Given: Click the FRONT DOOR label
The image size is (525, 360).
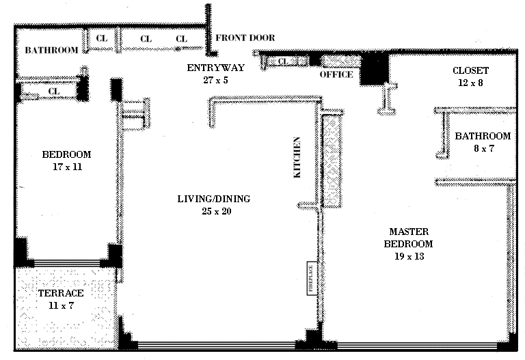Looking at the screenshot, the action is click(245, 38).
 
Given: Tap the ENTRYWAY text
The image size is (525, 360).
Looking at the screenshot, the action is click(215, 68).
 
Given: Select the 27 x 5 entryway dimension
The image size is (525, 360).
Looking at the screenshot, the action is click(215, 80).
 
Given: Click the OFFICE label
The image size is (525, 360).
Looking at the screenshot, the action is click(336, 74).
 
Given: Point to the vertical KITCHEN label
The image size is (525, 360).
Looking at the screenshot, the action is click(297, 157).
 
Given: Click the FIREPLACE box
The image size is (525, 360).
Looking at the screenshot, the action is click(312, 278).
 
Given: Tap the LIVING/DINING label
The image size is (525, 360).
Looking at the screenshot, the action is click(214, 199).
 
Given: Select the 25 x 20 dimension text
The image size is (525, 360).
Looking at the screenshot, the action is click(217, 211).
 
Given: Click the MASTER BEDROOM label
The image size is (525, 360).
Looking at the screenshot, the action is click(409, 238).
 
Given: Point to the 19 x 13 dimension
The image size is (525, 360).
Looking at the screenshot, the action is click(409, 256).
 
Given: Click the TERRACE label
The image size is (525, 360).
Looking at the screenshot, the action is click(61, 293).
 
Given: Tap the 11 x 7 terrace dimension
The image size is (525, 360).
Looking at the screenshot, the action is click(62, 305).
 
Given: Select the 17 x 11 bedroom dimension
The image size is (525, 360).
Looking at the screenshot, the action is click(67, 167).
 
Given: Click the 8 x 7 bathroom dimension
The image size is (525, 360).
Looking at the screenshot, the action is click(484, 148).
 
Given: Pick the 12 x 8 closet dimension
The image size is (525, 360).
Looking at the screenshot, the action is click(470, 83).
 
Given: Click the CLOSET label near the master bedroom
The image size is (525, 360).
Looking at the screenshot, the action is click(470, 70).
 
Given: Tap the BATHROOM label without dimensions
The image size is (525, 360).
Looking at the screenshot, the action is click(51, 50).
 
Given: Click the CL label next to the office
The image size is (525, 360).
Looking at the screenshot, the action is click(283, 61).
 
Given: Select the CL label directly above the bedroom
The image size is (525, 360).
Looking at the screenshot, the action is click(54, 91).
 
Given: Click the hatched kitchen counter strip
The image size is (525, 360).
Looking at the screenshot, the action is click(332, 160).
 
